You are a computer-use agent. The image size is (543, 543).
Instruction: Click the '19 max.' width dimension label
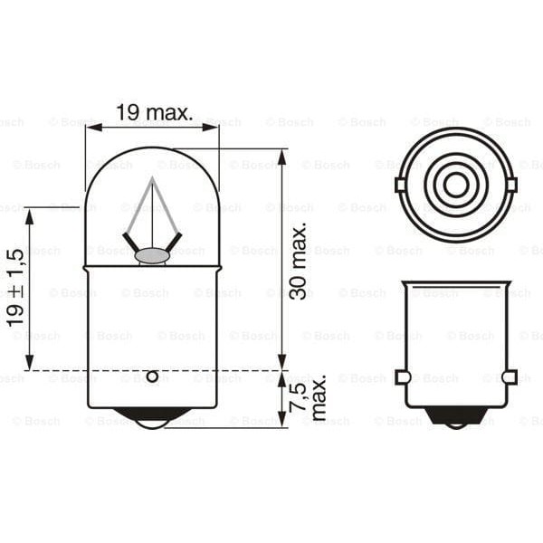pyautogui.click(x=154, y=113)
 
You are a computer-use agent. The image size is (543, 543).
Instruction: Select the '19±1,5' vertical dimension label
pyautogui.click(x=15, y=289)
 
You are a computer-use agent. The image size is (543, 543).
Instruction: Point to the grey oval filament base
pyautogui.click(x=152, y=256)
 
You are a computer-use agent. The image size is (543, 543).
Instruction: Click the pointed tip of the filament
pyautogui.click(x=152, y=179)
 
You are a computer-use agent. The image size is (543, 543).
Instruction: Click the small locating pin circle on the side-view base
pyautogui.click(x=152, y=376)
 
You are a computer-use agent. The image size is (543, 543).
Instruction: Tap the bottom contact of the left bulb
pyautogui.click(x=152, y=417)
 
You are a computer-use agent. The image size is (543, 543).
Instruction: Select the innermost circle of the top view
pyautogui.click(x=456, y=185)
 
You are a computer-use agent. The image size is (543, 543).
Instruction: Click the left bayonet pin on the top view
pyautogui.click(x=400, y=185)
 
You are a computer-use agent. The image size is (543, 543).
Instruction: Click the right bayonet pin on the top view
pyautogui.click(x=511, y=185)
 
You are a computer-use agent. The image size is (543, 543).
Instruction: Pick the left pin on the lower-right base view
pyautogui.click(x=403, y=376)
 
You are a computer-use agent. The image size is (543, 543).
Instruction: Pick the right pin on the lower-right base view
pyautogui.click(x=510, y=376)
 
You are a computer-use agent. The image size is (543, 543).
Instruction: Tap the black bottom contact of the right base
pyautogui.click(x=456, y=416)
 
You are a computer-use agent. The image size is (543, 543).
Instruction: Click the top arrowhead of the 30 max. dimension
pyautogui.click(x=282, y=155)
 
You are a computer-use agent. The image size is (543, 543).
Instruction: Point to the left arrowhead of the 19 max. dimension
pyautogui.click(x=91, y=128)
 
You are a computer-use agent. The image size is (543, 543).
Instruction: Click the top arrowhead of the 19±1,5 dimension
pyautogui.click(x=30, y=214)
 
